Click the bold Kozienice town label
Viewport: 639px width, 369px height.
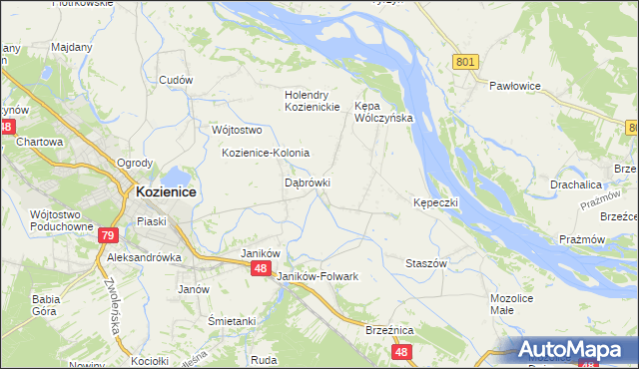point(166,191)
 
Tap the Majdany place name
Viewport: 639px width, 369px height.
point(71,47)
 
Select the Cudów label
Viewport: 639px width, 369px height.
point(177,81)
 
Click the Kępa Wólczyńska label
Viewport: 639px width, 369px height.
point(383,111)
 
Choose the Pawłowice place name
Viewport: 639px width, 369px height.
point(514,86)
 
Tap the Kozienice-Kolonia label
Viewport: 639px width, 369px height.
point(266,153)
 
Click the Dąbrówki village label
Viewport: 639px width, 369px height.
point(308,184)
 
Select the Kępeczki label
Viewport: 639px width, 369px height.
point(435,202)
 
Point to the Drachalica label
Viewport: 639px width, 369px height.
point(576,184)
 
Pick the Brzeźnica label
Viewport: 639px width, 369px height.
point(389,329)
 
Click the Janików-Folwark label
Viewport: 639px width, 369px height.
point(318,275)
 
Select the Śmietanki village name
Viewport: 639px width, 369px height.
point(232,321)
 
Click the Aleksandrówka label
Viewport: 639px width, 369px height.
point(144,256)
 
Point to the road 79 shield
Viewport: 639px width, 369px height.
point(109,236)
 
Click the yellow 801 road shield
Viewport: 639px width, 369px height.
point(464,62)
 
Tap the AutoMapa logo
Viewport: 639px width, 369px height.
point(571,349)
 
